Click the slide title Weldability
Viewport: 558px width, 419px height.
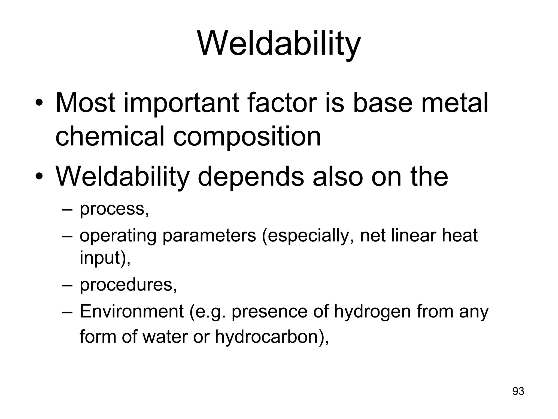(x=279, y=44)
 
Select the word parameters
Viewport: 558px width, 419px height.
(x=209, y=236)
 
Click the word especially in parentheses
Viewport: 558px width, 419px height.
(x=305, y=236)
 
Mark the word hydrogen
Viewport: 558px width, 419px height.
(x=372, y=312)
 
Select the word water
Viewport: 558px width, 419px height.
(x=165, y=336)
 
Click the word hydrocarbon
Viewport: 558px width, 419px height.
(x=266, y=336)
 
